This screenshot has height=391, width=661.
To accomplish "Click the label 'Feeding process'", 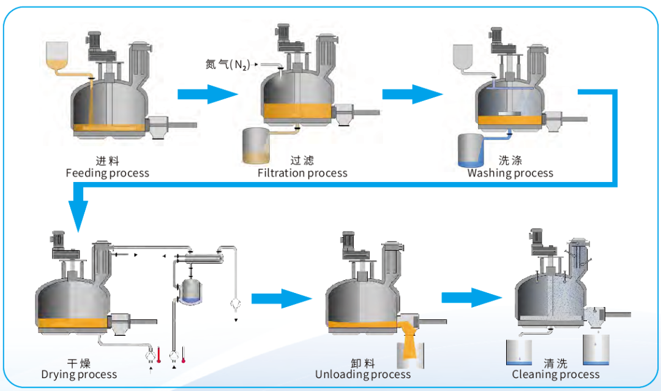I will pyautogui.click(x=107, y=173).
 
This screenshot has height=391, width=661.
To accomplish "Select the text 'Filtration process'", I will pyautogui.click(x=302, y=173).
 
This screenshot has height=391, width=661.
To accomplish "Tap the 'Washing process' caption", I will pyautogui.click(x=510, y=173).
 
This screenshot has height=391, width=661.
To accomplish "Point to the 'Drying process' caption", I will pyautogui.click(x=79, y=374).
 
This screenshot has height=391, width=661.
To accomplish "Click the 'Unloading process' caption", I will pyautogui.click(x=363, y=374).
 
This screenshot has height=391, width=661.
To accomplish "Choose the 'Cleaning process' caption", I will pyautogui.click(x=556, y=374).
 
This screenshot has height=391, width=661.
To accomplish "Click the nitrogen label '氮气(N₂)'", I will pyautogui.click(x=227, y=64).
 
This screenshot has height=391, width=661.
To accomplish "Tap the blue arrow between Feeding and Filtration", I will pyautogui.click(x=206, y=94).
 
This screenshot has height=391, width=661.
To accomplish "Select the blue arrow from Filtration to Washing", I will pyautogui.click(x=411, y=94).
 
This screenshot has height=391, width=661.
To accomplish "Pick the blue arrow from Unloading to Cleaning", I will pyautogui.click(x=471, y=298).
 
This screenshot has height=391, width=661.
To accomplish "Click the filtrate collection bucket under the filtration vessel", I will pyautogui.click(x=256, y=146).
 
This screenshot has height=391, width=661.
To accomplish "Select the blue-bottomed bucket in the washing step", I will pyautogui.click(x=471, y=151).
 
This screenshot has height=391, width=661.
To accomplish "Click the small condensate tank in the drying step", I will pyautogui.click(x=193, y=289).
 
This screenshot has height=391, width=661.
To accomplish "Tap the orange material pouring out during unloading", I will pyautogui.click(x=408, y=343).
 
